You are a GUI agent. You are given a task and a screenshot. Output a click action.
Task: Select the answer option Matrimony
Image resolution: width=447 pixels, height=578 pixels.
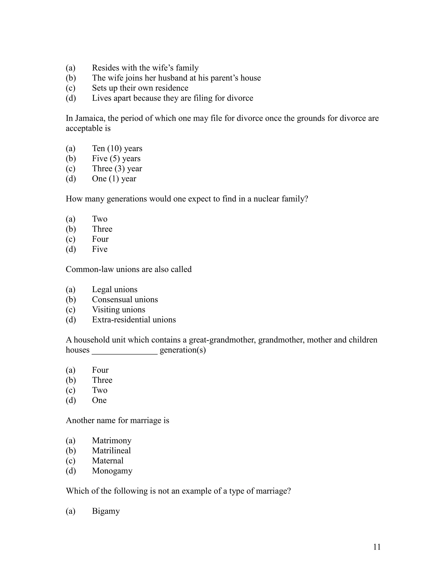[112, 440]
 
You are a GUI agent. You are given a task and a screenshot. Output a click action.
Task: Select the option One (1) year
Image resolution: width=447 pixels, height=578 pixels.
[114, 179]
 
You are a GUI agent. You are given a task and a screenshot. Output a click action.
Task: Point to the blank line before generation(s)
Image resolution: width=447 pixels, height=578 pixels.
[124, 350]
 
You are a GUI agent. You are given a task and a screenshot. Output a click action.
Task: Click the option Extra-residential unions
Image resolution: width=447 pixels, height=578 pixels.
[134, 320]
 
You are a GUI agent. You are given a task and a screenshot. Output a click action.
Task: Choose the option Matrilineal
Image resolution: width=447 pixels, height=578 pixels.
[111, 450]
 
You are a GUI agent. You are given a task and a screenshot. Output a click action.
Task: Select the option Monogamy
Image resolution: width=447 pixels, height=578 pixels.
[112, 471]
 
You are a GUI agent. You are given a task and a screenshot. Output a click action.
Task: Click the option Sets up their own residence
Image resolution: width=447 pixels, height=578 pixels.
[140, 88]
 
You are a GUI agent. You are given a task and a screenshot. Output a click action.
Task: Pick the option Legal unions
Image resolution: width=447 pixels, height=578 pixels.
[115, 289]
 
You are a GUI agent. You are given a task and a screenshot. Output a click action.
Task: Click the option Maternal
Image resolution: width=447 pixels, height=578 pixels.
[108, 460]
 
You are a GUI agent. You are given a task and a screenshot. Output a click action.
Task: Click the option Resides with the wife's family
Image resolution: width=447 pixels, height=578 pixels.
[145, 68]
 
